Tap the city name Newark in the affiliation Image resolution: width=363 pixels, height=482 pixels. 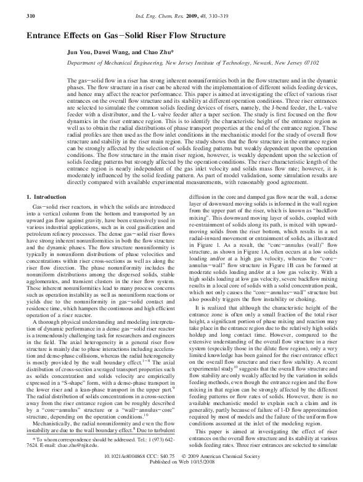tap(261, 63)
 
